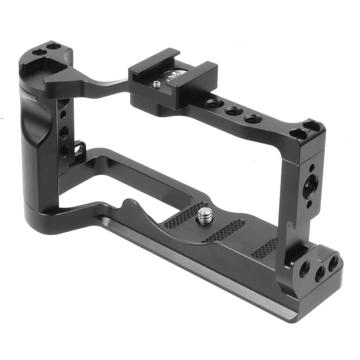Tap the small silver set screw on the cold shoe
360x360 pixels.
click(155, 85)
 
